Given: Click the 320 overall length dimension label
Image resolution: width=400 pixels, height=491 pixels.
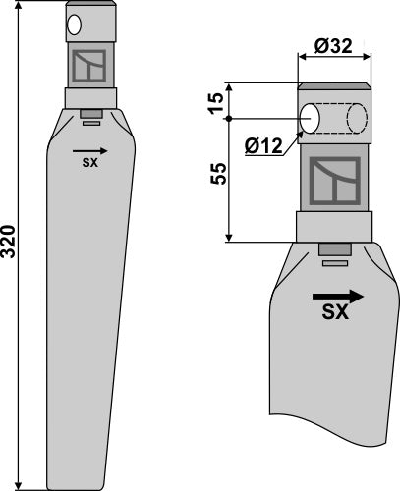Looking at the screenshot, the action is [x=8, y=242].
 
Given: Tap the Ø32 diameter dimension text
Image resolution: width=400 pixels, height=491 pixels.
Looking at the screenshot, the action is [x=333, y=46].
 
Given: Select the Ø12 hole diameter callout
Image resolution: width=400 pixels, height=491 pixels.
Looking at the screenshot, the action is [x=263, y=145].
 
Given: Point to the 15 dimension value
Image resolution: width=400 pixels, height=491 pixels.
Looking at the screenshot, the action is [x=217, y=103].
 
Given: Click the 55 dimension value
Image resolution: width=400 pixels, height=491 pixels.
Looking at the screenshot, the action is [x=218, y=174].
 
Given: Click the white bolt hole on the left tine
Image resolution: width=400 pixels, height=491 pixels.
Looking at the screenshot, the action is [x=74, y=25].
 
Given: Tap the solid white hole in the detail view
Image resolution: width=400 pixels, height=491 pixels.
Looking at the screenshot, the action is [x=310, y=119].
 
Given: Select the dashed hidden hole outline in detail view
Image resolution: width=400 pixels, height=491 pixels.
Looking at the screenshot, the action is [x=357, y=119].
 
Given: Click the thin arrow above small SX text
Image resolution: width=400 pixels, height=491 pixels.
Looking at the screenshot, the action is [x=89, y=151].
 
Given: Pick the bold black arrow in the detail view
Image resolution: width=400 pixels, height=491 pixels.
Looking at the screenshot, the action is [x=338, y=297].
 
